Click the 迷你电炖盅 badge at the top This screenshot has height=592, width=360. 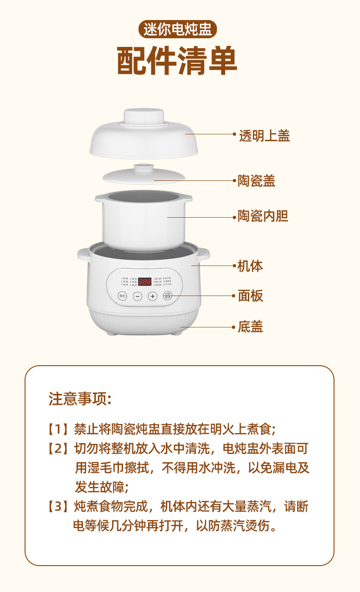(177, 30)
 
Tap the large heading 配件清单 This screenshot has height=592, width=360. (177, 61)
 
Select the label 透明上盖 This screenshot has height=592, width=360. (264, 135)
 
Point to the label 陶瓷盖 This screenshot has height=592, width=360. (257, 181)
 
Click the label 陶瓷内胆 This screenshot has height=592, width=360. (263, 216)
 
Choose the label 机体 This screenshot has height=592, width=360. (250, 266)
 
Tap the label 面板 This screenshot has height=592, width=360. (250, 296)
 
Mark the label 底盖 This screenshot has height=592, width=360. (250, 327)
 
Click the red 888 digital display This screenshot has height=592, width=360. (145, 281)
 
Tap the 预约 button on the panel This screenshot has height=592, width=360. (122, 296)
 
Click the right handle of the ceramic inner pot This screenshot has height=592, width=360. (187, 198)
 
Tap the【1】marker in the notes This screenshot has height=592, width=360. (58, 429)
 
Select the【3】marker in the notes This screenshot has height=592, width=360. (58, 506)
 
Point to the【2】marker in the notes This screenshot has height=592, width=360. (58, 449)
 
